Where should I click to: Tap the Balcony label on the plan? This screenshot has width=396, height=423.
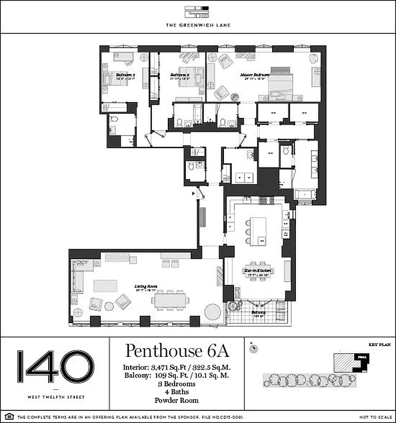tap(258, 312)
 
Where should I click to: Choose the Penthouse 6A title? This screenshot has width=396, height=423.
tap(176, 352)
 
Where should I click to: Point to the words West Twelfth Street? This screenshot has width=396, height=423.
tap(56, 396)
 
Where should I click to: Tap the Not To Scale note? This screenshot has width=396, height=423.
tap(373, 418)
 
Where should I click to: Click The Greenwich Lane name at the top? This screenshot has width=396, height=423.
tap(197, 25)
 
